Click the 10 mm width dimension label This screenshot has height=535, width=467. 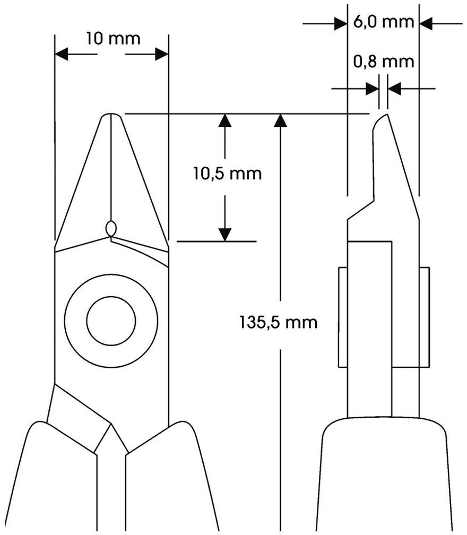pos(112,38)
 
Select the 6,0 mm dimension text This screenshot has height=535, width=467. pos(383,22)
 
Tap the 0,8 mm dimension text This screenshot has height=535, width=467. pos(383,62)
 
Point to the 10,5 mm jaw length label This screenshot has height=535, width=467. pos(227,174)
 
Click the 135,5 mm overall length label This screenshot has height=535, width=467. pos(279,322)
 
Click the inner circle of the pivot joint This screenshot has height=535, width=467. pos(111,321)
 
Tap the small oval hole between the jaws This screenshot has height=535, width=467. pos(111,228)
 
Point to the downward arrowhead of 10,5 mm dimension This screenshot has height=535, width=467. pos(226,234)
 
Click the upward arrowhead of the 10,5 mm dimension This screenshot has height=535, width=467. pos(226,120)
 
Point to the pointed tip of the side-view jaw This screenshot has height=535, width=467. pos(385,116)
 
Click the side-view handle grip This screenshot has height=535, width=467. pos(385,478)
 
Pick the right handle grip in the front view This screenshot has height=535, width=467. pos(170,478)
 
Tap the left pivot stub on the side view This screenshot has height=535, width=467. pos(343,317)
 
